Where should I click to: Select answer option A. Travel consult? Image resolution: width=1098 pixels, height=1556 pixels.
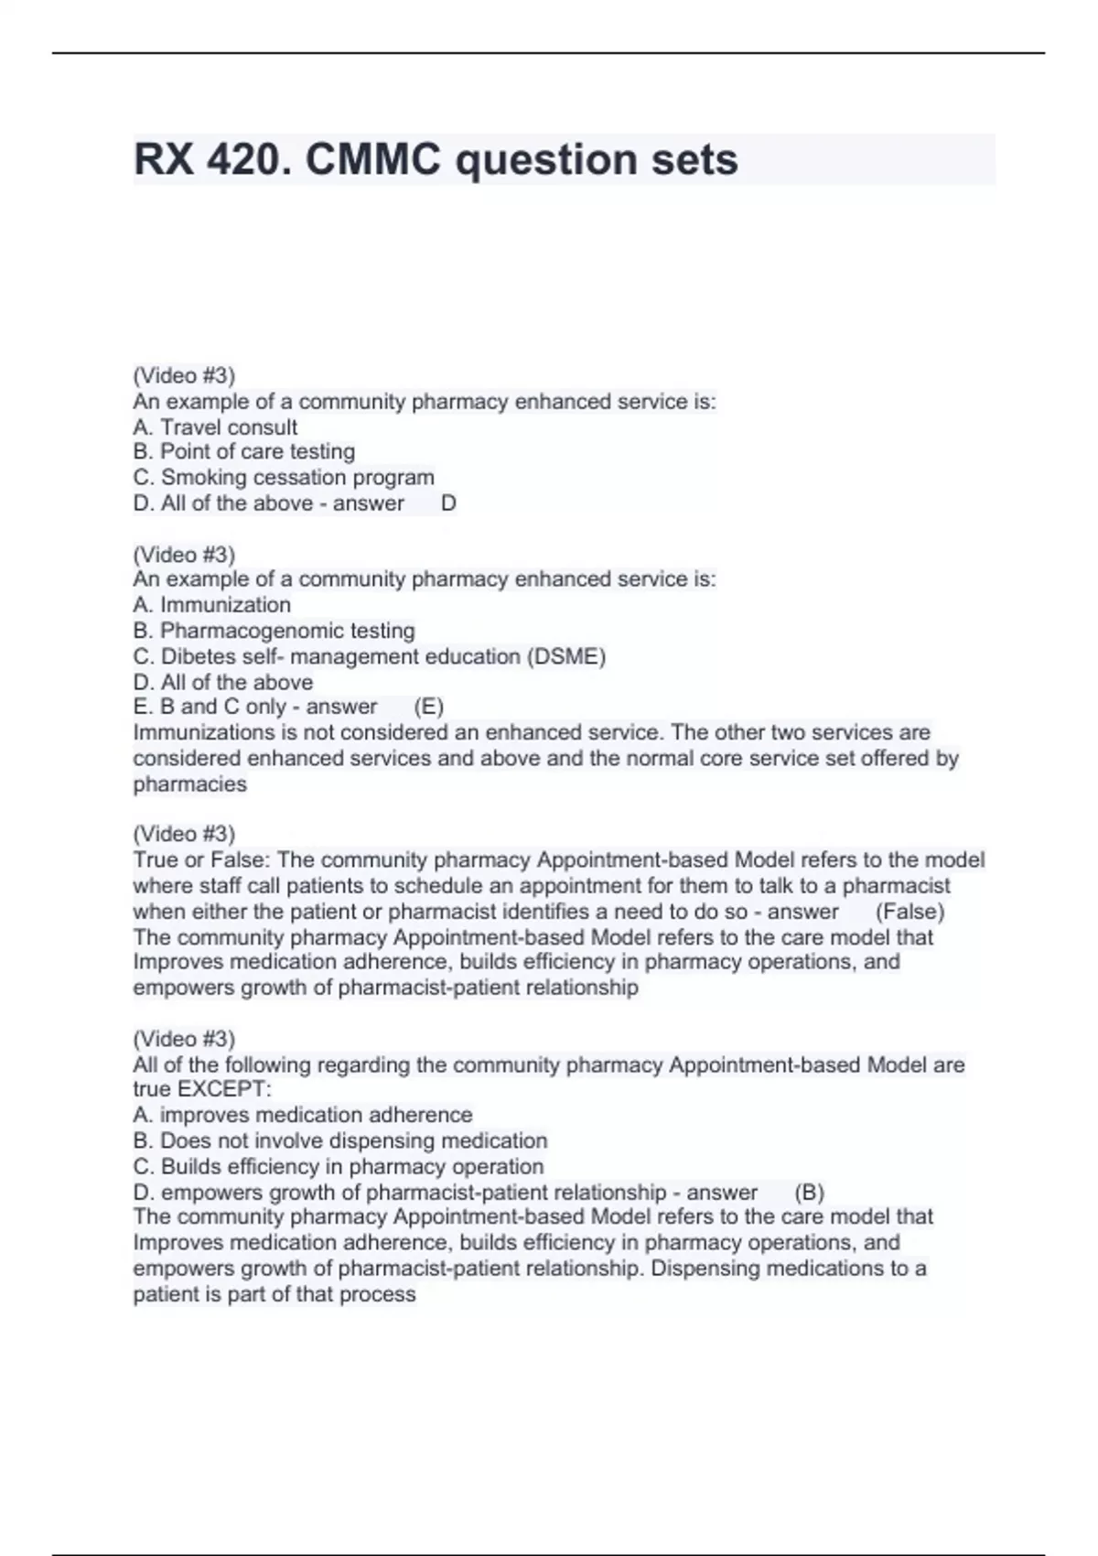[215, 427]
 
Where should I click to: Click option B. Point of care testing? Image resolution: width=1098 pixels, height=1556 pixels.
[243, 451]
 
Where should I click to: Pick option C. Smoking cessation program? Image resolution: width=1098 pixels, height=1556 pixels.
[284, 477]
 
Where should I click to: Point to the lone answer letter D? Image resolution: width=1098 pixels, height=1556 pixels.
[448, 503]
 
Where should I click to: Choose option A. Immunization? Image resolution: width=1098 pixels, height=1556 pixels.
[211, 605]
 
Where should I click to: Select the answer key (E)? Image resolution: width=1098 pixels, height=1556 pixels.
[428, 707]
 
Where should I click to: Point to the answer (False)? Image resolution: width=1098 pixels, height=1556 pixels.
[910, 912]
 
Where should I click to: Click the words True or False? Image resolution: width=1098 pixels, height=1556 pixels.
[200, 860]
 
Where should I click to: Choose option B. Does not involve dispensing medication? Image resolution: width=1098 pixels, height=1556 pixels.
[339, 1140]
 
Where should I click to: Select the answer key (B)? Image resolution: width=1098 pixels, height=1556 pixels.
[809, 1193]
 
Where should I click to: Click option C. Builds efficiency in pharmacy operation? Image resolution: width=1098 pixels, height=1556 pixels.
[338, 1166]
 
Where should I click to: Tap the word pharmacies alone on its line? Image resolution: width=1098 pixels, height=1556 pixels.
[189, 784]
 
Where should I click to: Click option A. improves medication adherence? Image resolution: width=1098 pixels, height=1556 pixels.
[302, 1115]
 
